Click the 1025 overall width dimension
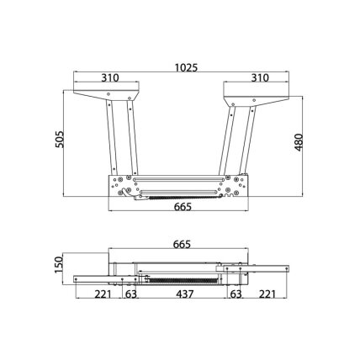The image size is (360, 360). click(x=186, y=67)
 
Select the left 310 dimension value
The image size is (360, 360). click(x=110, y=77)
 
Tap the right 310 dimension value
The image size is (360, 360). click(x=260, y=77)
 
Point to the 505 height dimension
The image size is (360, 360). click(x=60, y=140)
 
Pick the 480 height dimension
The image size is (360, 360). click(x=299, y=142)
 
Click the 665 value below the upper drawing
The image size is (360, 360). click(x=183, y=207)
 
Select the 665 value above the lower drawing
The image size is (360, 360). click(x=182, y=245)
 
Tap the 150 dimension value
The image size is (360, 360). click(x=59, y=265)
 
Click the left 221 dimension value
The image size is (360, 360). click(x=103, y=294)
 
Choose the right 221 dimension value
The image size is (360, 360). click(x=267, y=294)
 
